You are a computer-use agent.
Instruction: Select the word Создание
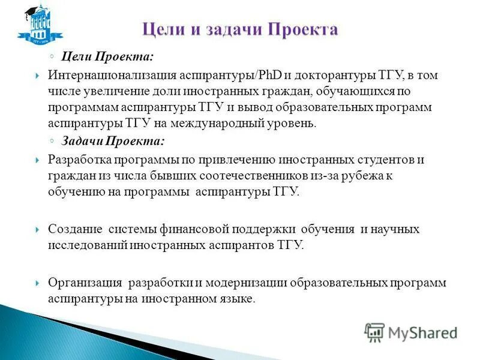click(x=73, y=229)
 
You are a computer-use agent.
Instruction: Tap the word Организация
click(x=85, y=283)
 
